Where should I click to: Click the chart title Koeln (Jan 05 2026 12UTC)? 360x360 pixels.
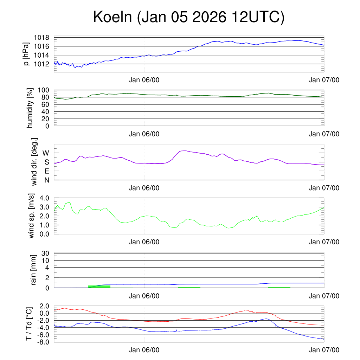pyautogui.click(x=189, y=18)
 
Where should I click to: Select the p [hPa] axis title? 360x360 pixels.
pyautogui.click(x=26, y=54)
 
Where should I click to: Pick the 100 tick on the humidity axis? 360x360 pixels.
pyautogui.click(x=46, y=90)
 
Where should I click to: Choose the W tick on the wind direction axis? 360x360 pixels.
pyautogui.click(x=46, y=153)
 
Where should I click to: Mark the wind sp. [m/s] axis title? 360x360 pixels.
pyautogui.click(x=32, y=216)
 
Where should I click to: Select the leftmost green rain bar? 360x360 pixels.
pyautogui.click(x=99, y=287)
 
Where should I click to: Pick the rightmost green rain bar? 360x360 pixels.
pyautogui.click(x=279, y=287)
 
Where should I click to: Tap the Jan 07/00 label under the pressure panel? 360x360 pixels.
pyautogui.click(x=324, y=80)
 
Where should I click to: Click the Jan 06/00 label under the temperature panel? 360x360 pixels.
pyautogui.click(x=144, y=350)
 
